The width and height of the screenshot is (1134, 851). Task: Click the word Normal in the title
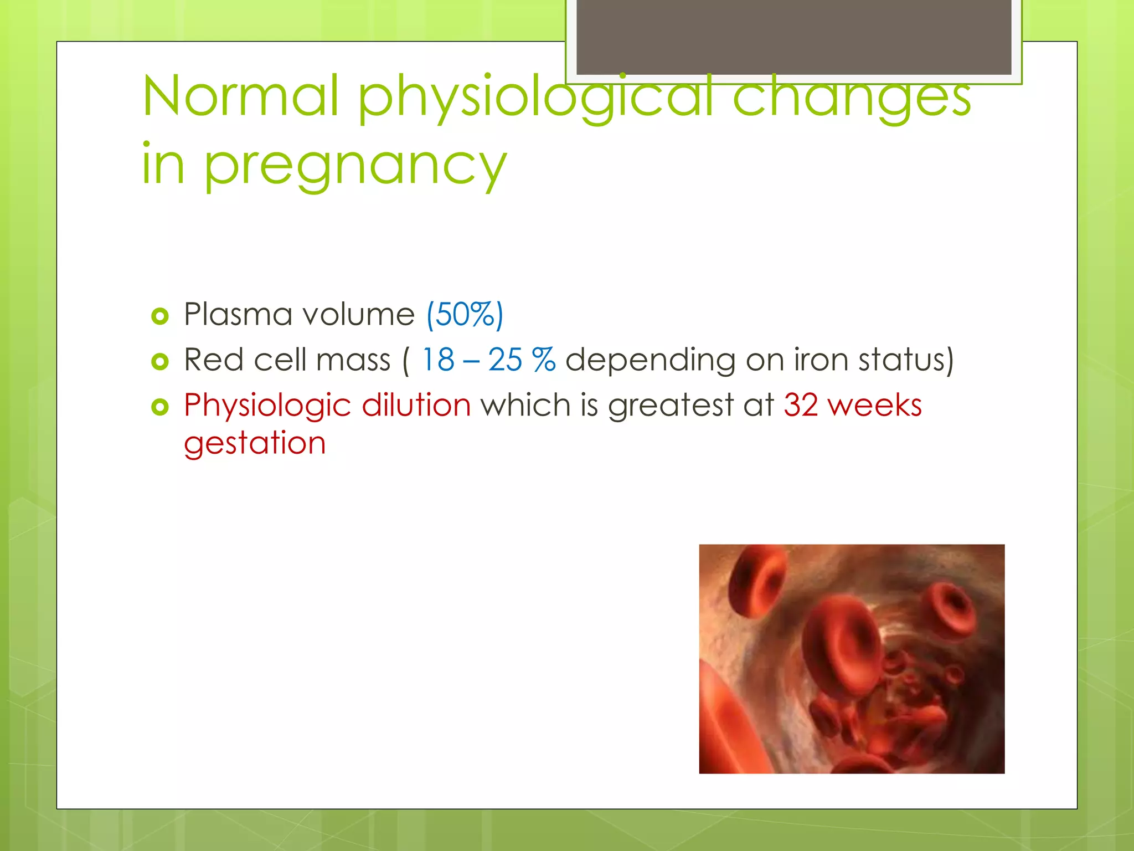240,96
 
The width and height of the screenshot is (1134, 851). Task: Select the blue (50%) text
465,315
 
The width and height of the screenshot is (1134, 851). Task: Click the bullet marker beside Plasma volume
159,316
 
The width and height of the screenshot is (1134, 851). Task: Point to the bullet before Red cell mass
159,362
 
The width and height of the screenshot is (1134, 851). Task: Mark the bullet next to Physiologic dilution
159,407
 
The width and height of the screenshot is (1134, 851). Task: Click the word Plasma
237,315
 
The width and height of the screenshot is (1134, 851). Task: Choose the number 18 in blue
438,360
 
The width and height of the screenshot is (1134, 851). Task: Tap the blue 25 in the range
504,360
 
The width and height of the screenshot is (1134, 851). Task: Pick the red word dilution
416,405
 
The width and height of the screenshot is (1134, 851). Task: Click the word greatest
671,406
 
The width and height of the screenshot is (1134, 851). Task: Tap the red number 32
801,405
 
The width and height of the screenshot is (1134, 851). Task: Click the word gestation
255,444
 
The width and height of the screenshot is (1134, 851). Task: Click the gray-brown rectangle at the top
793,37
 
